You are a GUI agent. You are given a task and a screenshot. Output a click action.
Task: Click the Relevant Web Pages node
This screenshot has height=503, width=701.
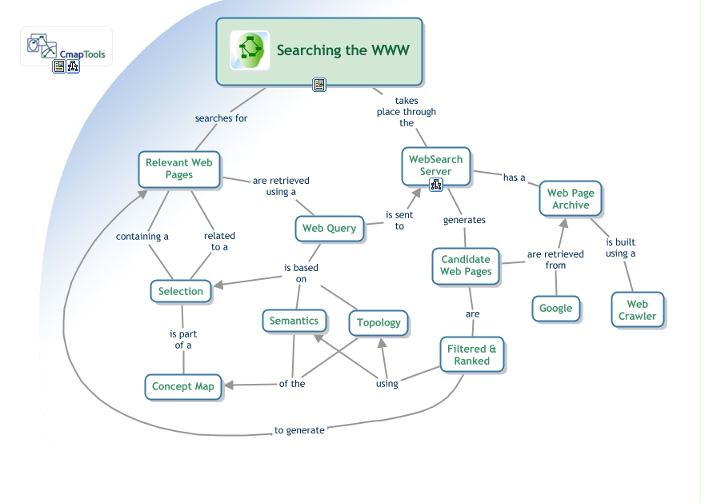(178, 169)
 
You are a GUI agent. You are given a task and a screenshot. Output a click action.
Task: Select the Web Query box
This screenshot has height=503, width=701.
(329, 229)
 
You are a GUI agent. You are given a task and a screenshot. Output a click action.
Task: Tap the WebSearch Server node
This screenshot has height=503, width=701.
(435, 166)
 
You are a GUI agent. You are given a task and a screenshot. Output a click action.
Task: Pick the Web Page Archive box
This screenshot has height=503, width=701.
(570, 199)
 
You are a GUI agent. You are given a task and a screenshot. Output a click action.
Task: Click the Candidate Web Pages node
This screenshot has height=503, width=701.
(466, 265)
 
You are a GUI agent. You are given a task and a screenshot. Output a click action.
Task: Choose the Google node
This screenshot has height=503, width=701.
(555, 308)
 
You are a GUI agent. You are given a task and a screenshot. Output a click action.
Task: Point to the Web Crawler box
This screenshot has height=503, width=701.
(637, 309)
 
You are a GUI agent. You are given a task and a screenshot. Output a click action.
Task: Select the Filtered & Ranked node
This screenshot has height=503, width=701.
(471, 354)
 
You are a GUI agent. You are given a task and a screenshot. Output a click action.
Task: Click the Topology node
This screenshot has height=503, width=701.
(379, 322)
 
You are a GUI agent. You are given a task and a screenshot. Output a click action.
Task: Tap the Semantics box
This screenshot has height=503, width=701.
(294, 321)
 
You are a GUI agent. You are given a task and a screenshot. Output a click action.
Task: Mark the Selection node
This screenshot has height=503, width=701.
(181, 291)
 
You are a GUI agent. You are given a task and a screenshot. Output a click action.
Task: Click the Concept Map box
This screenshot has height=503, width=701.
(183, 386)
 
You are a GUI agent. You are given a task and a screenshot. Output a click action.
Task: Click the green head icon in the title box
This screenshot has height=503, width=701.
(249, 50)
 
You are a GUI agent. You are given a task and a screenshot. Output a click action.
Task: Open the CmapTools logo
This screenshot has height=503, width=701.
(66, 47)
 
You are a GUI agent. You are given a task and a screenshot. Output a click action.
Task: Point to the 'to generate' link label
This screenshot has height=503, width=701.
(299, 430)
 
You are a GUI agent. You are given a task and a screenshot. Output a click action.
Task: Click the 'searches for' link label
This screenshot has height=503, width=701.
(221, 118)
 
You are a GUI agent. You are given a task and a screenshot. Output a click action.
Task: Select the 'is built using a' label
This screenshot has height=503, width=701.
(620, 248)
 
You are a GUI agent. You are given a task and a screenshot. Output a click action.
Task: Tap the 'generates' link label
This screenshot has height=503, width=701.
(464, 220)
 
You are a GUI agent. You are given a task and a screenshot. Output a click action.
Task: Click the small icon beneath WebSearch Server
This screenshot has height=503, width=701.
(436, 185)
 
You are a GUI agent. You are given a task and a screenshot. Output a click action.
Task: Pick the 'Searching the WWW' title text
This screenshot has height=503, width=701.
(342, 50)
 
